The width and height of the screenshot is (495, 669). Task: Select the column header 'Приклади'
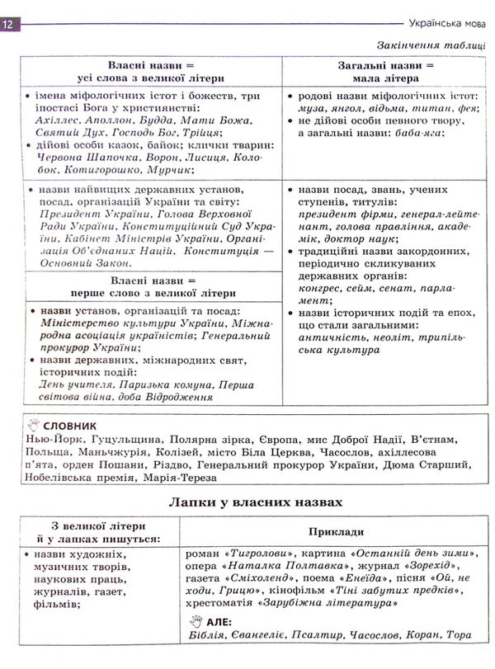[x=336, y=532]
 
